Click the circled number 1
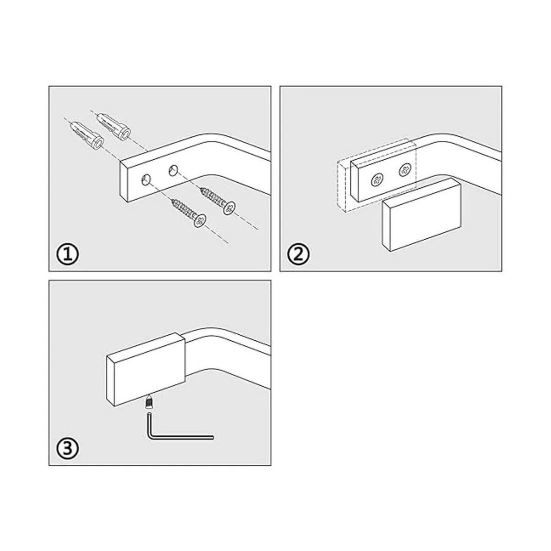coord(67,255)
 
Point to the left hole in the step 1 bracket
coord(146,180)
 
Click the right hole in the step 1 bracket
coord(173,170)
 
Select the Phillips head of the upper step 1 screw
coord(229,208)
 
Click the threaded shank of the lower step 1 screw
coord(183,209)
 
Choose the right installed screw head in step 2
coord(405,170)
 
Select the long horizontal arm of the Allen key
coord(181,445)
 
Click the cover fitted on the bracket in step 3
coord(146,370)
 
